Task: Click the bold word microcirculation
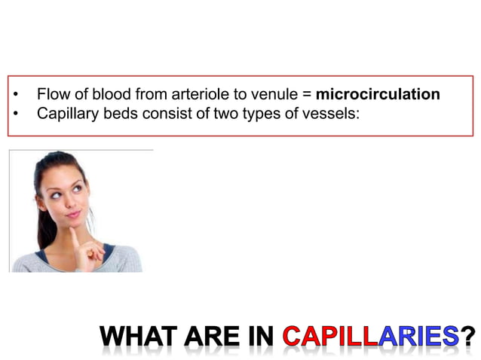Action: [378, 96]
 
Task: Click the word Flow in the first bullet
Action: [51, 96]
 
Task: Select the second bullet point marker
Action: [16, 114]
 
